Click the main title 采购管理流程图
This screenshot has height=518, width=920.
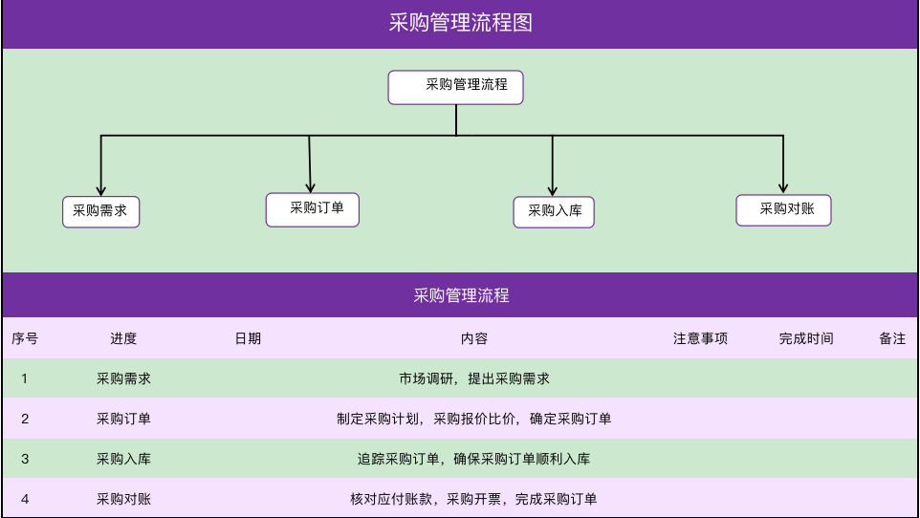coord(461,23)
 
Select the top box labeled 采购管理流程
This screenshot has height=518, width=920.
coord(455,87)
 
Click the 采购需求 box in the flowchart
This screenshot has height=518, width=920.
coord(101,212)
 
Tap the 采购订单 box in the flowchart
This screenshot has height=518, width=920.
coord(312,209)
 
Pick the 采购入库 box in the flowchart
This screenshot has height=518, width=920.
coord(554,212)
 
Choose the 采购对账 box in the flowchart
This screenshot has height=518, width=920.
coord(783,210)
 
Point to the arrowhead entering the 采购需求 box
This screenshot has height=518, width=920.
coord(101,191)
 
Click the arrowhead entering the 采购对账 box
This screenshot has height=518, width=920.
coord(783,188)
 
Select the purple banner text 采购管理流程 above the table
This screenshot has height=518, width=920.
coord(461,295)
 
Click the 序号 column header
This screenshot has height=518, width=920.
coord(25,338)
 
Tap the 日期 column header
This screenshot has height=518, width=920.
coord(248,338)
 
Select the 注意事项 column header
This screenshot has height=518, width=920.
coord(700,338)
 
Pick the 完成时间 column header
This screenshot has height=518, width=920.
coord(806,338)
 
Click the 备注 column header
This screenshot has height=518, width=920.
coord(892,338)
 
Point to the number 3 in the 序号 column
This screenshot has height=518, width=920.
coord(25,459)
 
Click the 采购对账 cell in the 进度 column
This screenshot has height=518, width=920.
coord(123,499)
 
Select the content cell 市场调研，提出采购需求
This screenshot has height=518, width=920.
coord(474,379)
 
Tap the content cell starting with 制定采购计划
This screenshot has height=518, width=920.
coord(474,419)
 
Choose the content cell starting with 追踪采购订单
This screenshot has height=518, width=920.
coord(474,459)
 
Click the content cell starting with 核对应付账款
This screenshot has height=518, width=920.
coord(474,499)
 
